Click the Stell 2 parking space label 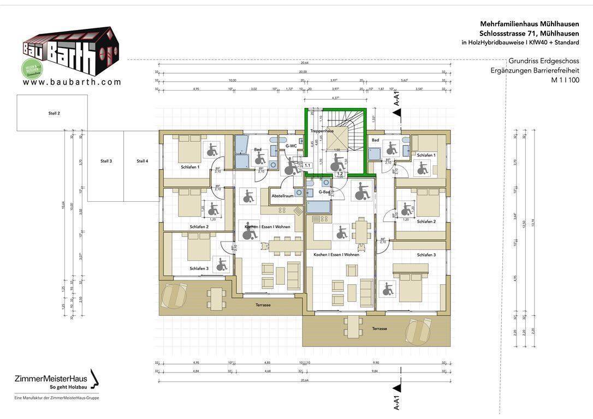[x=54, y=113]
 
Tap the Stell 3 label [x=106, y=161]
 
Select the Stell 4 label [x=143, y=161]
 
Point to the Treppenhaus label [x=322, y=131]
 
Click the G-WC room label [x=291, y=146]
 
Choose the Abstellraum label [x=282, y=195]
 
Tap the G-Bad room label [x=324, y=192]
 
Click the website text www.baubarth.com [x=72, y=82]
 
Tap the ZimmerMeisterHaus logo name [x=50, y=379]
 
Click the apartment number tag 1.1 [x=307, y=165]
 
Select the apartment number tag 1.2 [x=340, y=173]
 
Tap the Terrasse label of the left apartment [x=263, y=305]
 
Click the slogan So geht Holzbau [x=68, y=387]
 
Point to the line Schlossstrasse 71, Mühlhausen [x=529, y=33]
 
